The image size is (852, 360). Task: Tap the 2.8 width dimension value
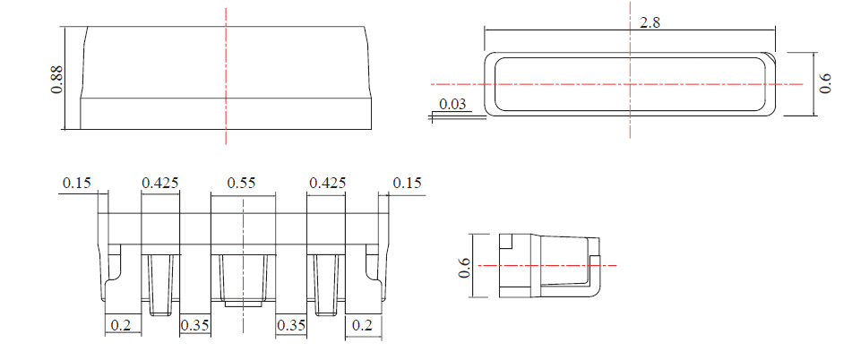(x=650, y=23)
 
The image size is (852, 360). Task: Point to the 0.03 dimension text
(x=452, y=105)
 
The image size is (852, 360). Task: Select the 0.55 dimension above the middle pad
(x=242, y=183)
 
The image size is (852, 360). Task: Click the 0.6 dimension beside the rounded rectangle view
(x=825, y=83)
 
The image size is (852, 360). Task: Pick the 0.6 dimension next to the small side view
(x=465, y=266)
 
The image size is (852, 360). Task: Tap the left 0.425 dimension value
(x=161, y=183)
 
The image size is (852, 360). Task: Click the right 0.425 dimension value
(x=327, y=183)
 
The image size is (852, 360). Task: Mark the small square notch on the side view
(x=506, y=241)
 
